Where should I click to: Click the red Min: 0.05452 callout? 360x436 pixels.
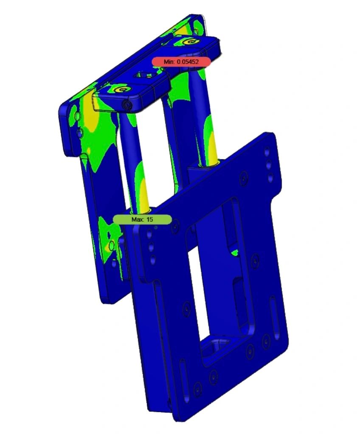coord(181,62)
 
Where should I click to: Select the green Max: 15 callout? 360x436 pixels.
coord(142,219)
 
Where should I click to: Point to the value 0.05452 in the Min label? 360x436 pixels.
coord(188,62)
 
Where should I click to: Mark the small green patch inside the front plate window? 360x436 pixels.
coord(234,253)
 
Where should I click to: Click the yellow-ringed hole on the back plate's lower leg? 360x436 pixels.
coord(112,245)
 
